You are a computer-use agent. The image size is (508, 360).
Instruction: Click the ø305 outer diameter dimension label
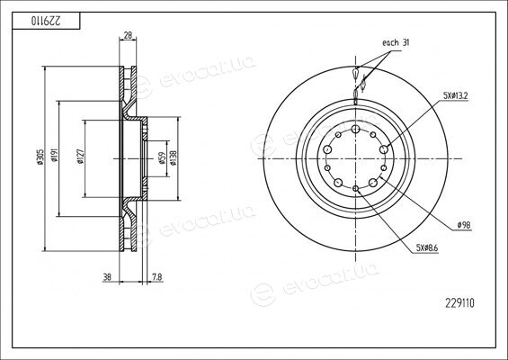coord(40,157)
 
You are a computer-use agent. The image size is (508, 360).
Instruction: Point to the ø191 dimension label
coord(54,155)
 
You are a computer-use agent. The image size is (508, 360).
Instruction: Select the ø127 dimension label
coord(80,157)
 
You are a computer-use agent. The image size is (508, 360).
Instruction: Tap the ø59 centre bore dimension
coord(162,158)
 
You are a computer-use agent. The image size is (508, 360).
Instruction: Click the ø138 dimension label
coord(173,157)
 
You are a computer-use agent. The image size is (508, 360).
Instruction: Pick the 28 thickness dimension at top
coord(128,35)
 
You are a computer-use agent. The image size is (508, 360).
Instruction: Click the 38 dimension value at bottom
coord(107,277)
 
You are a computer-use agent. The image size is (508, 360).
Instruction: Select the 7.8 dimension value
coord(156,277)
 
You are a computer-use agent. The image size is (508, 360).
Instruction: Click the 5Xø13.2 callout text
coord(456,95)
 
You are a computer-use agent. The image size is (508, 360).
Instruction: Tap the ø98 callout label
coord(464,225)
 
